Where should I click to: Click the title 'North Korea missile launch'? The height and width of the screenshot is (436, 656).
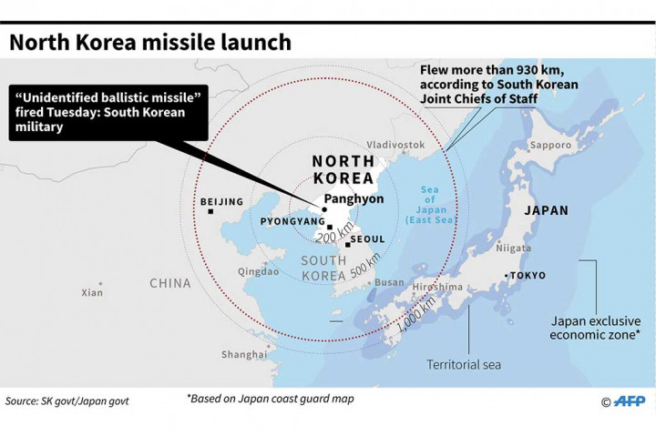(150, 42)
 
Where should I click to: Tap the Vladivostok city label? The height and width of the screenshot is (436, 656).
(395, 145)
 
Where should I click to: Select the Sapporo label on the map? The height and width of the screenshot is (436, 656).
(550, 145)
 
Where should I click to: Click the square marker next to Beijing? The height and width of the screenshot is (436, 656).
(210, 212)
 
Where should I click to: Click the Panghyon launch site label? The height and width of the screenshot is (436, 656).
(354, 198)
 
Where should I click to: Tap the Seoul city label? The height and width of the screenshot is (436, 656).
(367, 239)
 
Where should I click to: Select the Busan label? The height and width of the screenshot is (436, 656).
(389, 283)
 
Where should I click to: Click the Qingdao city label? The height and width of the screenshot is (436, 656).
(258, 271)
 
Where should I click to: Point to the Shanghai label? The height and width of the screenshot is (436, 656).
(244, 355)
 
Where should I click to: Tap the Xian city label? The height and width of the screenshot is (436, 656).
(92, 292)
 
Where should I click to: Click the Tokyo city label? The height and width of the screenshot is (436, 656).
(528, 275)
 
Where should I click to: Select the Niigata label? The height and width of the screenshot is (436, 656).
(513, 248)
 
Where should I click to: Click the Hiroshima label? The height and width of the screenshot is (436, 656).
(437, 286)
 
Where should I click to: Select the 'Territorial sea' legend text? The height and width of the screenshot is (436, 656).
(464, 365)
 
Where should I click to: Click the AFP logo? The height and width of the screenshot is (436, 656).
(622, 401)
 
